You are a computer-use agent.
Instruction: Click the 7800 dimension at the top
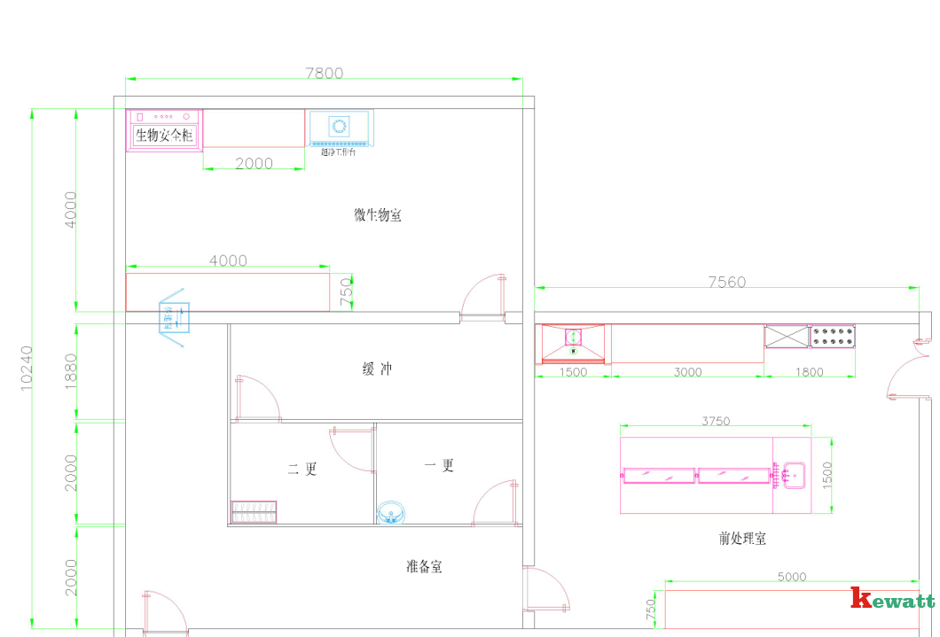tap(324, 74)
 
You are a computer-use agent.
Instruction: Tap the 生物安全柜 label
tap(164, 136)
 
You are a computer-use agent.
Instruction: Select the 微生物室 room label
tap(378, 214)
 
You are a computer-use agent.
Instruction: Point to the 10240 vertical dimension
tap(27, 368)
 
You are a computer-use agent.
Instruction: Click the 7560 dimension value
tap(726, 282)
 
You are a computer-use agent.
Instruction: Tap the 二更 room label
tap(302, 470)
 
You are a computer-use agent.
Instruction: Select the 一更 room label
tap(439, 465)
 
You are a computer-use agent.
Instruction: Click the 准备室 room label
tap(424, 566)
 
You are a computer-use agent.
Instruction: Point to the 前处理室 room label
tap(742, 538)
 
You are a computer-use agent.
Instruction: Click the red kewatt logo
tap(892, 599)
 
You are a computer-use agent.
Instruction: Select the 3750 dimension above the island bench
tap(716, 421)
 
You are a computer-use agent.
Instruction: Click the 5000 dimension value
tap(791, 577)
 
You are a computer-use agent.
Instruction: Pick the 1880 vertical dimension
tap(71, 371)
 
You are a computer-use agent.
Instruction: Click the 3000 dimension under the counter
tap(687, 372)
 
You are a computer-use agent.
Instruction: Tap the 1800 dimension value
tap(809, 372)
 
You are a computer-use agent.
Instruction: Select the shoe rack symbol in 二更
tap(254, 512)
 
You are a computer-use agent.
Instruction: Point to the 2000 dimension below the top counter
tap(254, 163)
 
